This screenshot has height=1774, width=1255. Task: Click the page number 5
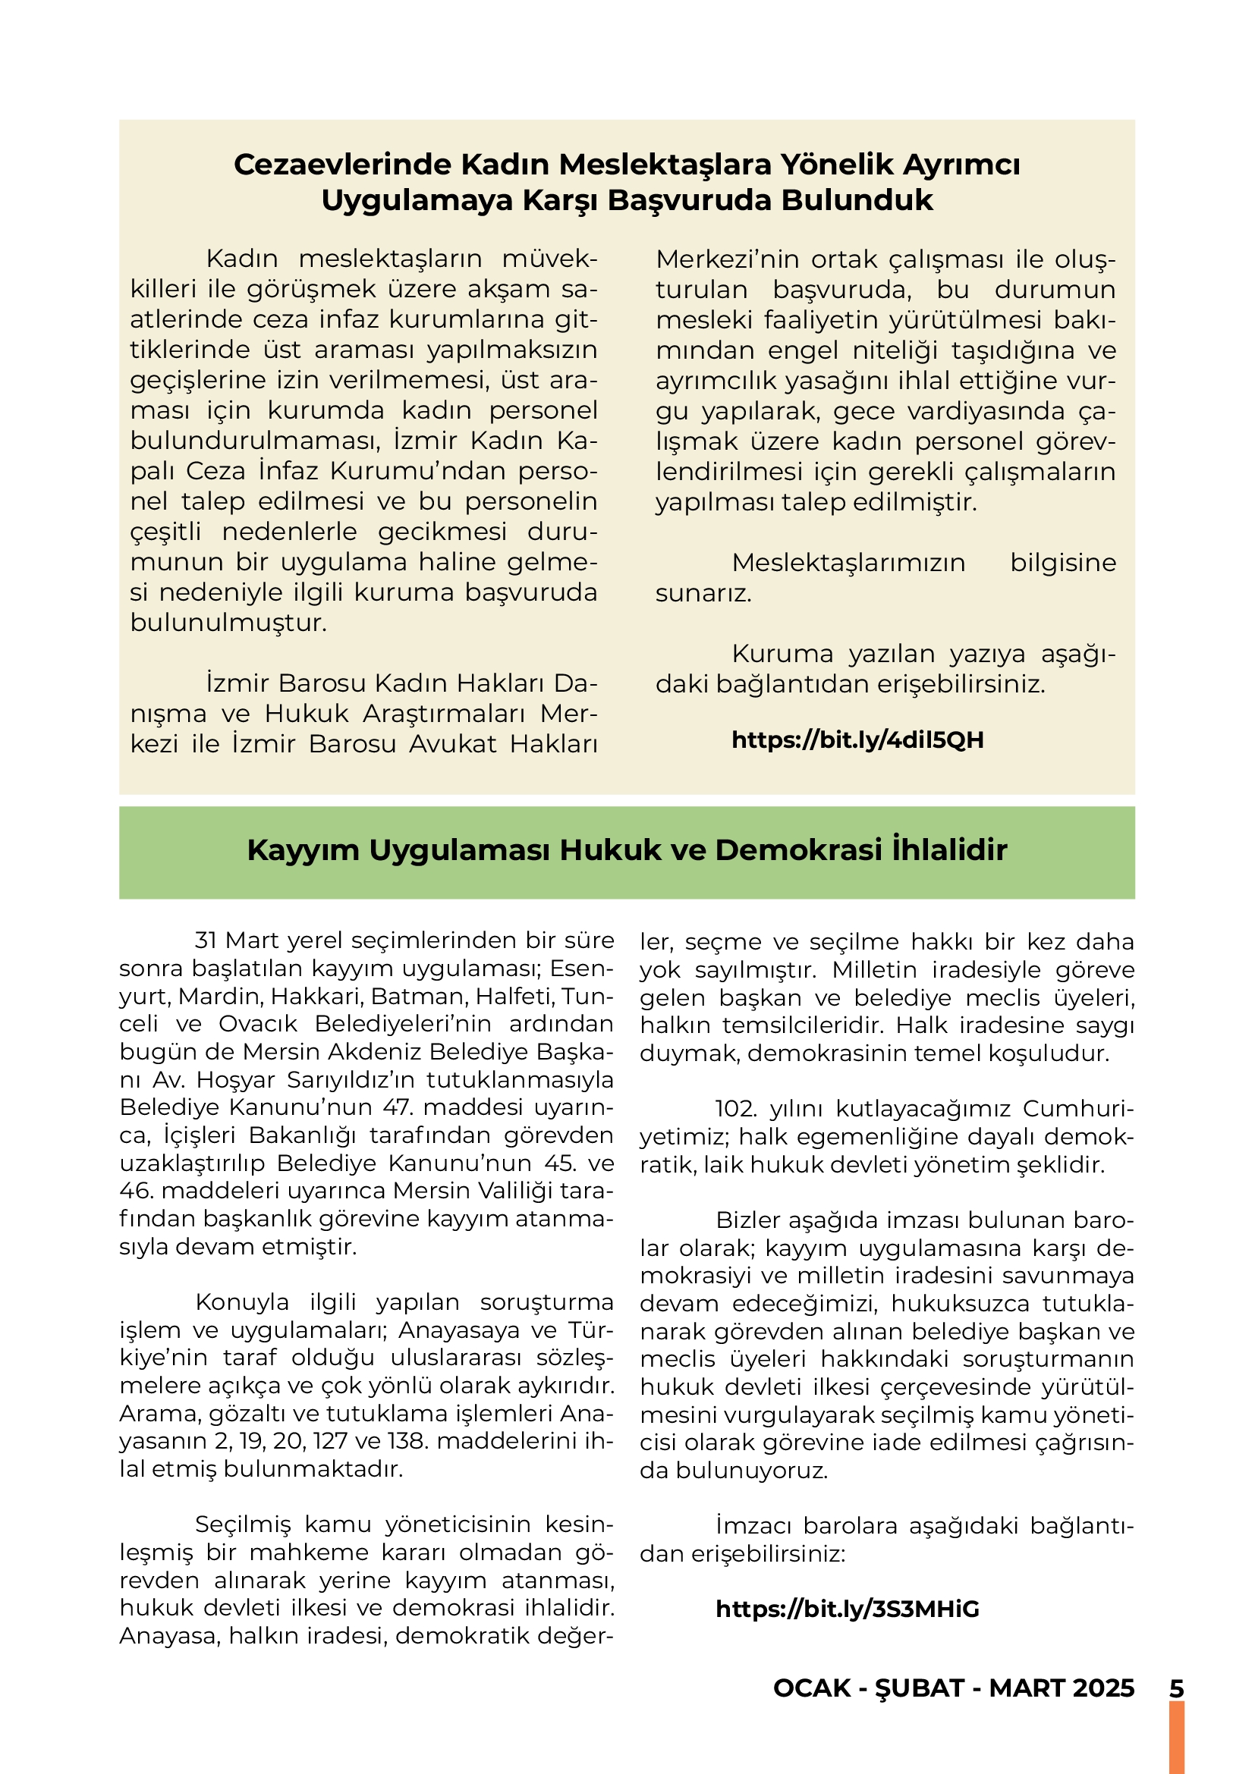click(1176, 1688)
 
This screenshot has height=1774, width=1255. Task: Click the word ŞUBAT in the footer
click(920, 1688)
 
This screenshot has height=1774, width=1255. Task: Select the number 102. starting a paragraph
click(736, 1109)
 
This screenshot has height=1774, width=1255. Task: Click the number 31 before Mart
click(206, 940)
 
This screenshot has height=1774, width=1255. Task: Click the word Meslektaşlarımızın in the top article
click(848, 563)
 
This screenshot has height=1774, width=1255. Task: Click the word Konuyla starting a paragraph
click(242, 1302)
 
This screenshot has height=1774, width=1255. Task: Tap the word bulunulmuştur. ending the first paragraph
click(228, 623)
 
